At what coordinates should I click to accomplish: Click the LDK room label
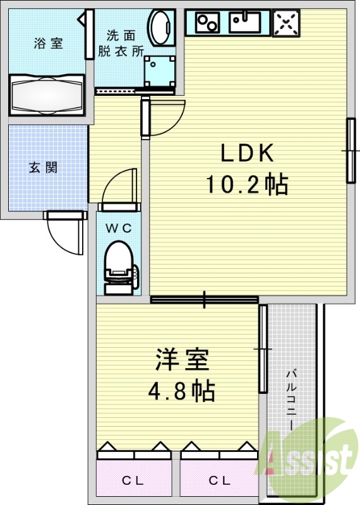click(x=246, y=153)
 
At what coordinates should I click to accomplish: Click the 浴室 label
click(x=48, y=44)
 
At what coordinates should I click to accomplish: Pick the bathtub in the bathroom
click(x=47, y=95)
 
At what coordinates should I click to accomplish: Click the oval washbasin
click(x=162, y=28)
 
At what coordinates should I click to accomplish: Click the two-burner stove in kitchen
click(x=207, y=23)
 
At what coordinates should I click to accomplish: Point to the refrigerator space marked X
click(x=285, y=23)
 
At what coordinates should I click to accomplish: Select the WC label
click(x=118, y=229)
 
